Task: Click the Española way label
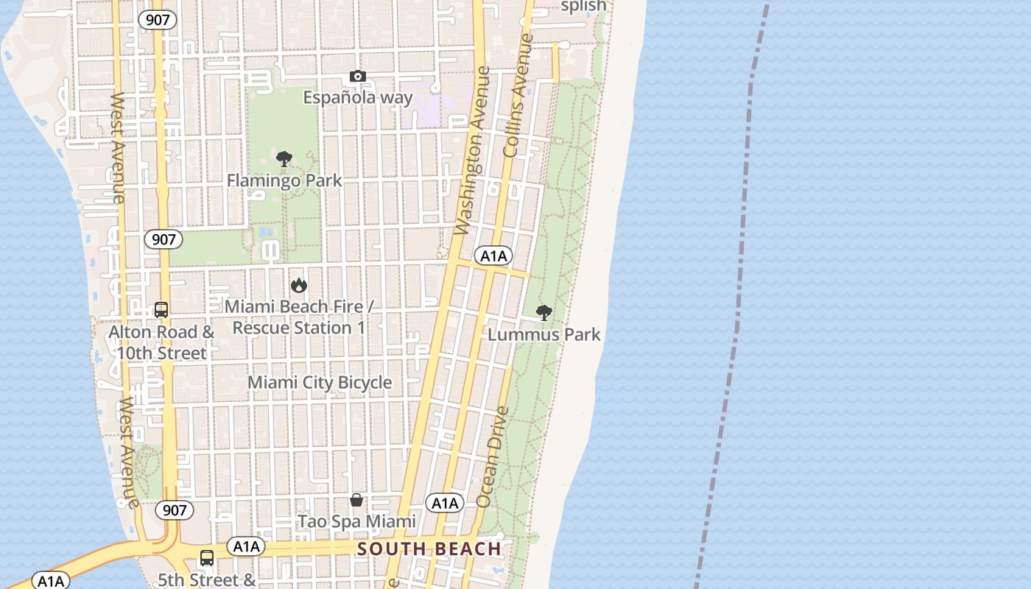(x=358, y=98)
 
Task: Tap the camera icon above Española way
(x=357, y=77)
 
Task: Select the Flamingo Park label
(x=284, y=180)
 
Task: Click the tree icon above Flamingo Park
(x=284, y=159)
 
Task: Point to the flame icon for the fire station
(x=298, y=285)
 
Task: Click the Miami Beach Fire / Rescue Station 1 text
(x=299, y=317)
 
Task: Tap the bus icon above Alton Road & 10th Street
(x=161, y=310)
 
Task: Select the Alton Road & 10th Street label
(x=161, y=342)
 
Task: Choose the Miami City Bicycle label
(x=320, y=383)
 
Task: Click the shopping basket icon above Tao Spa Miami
(x=356, y=501)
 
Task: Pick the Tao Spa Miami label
(x=356, y=522)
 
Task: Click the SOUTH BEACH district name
(x=429, y=549)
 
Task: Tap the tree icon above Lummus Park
(x=543, y=313)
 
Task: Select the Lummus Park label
(x=544, y=334)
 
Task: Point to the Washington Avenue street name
(x=473, y=151)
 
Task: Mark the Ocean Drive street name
(x=493, y=456)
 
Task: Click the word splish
(x=583, y=7)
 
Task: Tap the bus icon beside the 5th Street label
(x=207, y=558)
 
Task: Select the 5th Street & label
(x=207, y=580)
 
